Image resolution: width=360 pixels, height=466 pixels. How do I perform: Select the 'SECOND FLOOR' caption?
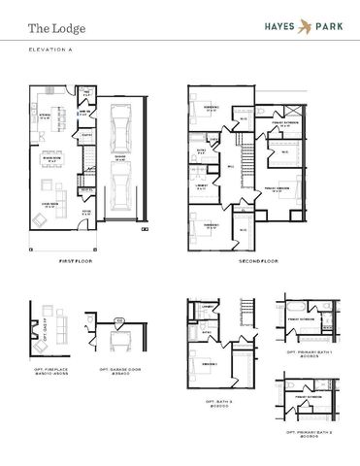pos(258,261)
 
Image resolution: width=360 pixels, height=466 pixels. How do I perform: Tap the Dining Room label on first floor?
pos(43,159)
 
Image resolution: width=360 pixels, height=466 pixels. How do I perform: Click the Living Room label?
pos(46,205)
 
